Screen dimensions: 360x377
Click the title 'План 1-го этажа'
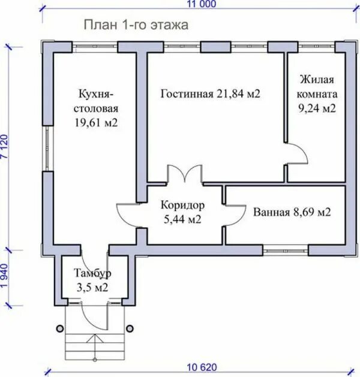(136, 25)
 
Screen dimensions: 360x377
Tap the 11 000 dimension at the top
(202, 4)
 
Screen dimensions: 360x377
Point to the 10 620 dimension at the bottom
(202, 367)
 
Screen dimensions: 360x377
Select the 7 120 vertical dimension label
(5, 146)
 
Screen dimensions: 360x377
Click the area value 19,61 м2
(96, 123)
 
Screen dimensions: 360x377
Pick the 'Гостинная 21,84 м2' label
(211, 94)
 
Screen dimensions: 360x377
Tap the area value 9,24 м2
(317, 108)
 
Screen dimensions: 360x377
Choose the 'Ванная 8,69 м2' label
(292, 212)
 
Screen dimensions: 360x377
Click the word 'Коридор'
(182, 206)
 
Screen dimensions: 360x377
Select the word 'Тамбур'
(92, 273)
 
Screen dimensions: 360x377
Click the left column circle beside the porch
(60, 328)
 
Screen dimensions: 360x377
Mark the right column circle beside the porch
(130, 328)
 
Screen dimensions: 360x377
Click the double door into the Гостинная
(185, 174)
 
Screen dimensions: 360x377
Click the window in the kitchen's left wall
(47, 149)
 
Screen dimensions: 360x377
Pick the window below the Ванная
(286, 251)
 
